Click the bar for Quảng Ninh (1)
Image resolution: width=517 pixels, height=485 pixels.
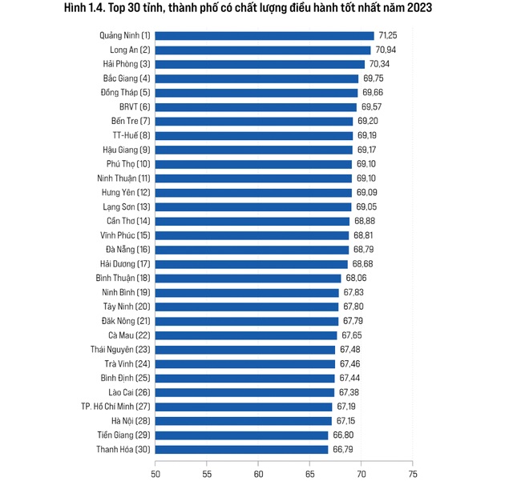[265, 35]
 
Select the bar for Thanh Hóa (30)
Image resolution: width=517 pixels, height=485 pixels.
[241, 450]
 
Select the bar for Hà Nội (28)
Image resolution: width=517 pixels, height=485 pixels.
[243, 421]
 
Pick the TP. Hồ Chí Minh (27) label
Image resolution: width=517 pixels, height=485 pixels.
[115, 407]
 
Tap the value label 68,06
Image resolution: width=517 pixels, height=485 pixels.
[357, 278]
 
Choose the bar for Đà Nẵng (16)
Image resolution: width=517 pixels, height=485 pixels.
[252, 250]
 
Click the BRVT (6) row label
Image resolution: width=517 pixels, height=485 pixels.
[134, 106]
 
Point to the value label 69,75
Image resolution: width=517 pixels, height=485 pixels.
[374, 78]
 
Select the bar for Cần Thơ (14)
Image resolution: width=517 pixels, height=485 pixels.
[252, 221]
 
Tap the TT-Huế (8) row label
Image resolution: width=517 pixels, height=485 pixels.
[130, 135]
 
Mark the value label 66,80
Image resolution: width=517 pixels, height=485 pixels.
[345, 435]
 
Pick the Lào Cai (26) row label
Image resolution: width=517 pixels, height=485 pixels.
[128, 392]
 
